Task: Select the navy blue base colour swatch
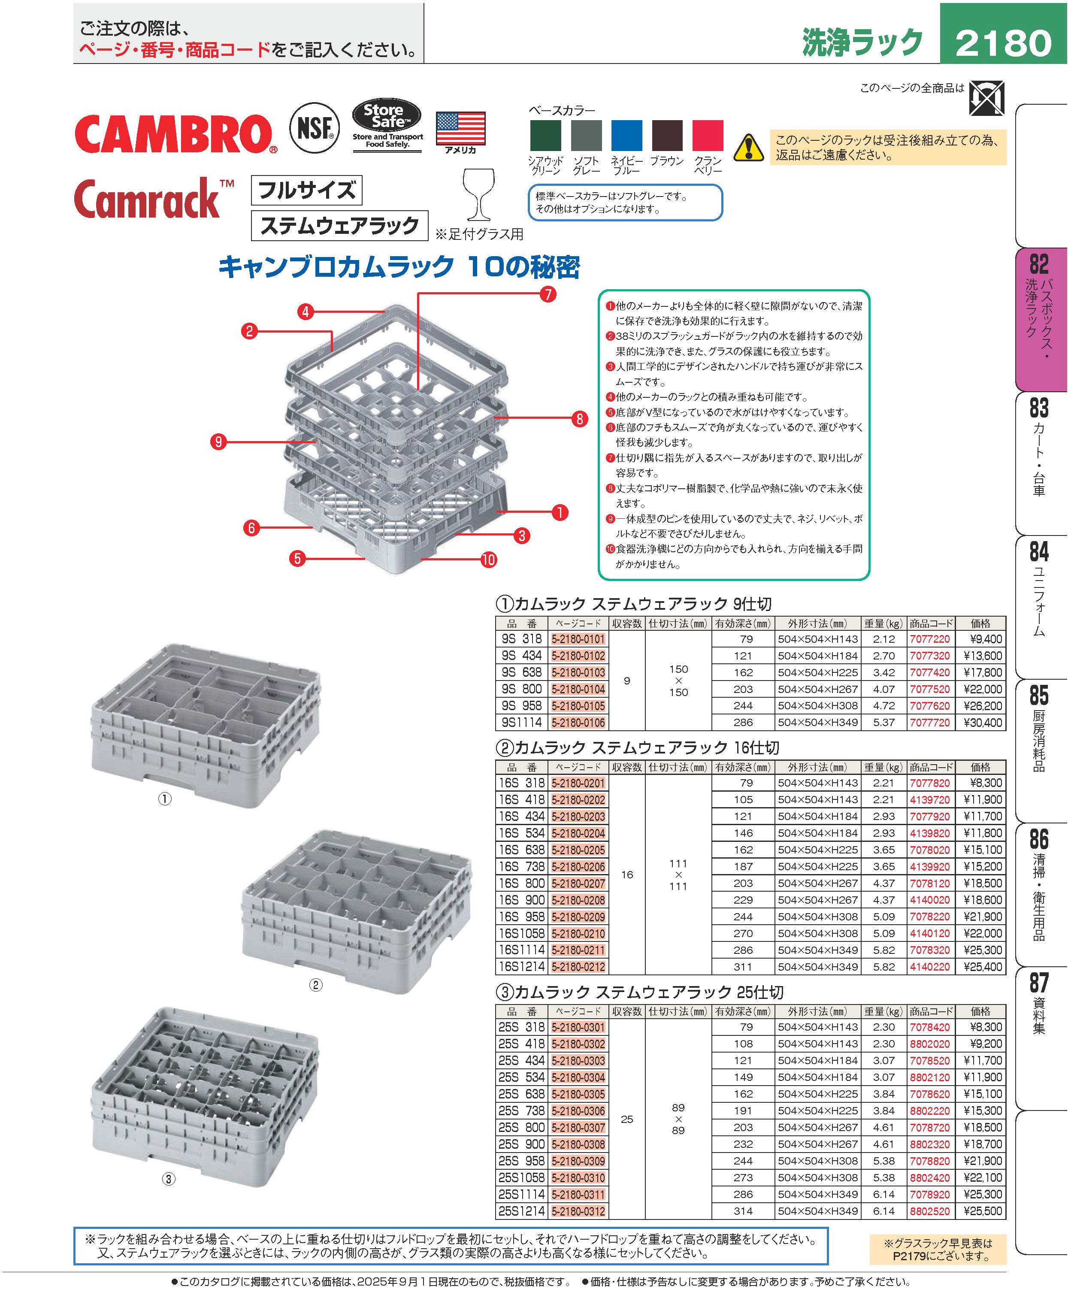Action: pos(626,135)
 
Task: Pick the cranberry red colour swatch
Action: pos(708,135)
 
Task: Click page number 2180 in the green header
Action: pos(1004,43)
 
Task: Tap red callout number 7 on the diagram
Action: pos(548,294)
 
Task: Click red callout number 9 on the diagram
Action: pos(218,441)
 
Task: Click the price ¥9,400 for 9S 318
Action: pos(983,639)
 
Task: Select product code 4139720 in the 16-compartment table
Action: pos(929,800)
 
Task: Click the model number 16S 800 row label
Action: pos(522,883)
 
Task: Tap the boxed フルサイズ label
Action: pos(306,190)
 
